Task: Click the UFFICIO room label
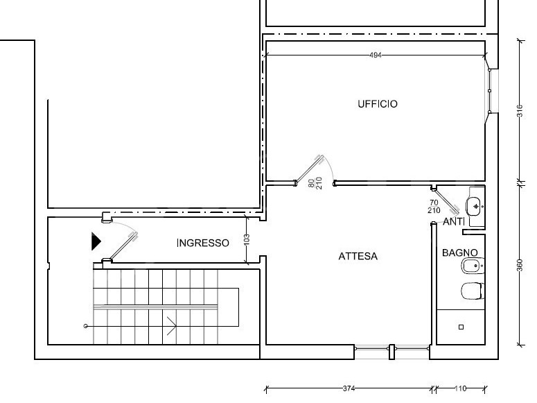378,104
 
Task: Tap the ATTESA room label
358,256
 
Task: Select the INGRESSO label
203,243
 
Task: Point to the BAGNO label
459,252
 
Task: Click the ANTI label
454,222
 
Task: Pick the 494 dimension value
376,55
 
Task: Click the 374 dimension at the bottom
349,388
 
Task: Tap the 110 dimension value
461,388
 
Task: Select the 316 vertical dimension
520,111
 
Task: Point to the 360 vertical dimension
520,265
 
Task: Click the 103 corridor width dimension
247,239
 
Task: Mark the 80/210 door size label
315,183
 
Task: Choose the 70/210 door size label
434,207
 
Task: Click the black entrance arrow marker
96,241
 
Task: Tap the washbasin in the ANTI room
475,207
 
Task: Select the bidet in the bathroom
473,266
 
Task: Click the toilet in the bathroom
473,291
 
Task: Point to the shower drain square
461,327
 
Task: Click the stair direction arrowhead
172,326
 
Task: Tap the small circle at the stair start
86,326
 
